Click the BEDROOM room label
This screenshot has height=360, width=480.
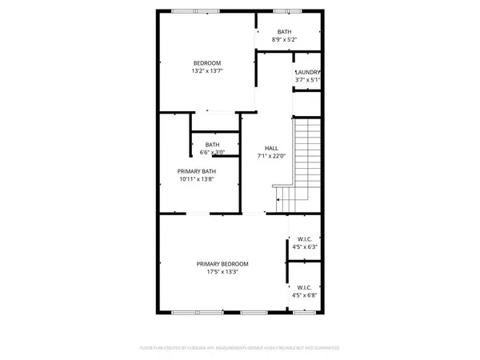(206, 62)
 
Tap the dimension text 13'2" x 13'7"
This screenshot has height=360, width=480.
(206, 71)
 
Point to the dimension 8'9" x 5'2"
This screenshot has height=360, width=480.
(284, 39)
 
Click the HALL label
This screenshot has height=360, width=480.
(271, 149)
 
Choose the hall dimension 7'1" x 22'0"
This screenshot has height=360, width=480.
(271, 158)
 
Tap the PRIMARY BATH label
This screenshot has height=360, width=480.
(197, 170)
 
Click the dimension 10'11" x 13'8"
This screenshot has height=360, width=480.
(197, 179)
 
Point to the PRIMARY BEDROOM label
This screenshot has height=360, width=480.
(222, 264)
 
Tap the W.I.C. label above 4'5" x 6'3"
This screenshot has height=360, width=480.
(304, 238)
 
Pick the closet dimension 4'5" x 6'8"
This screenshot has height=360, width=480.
(304, 295)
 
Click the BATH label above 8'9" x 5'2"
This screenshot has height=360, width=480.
(284, 31)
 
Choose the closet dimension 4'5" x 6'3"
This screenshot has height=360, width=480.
(304, 247)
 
